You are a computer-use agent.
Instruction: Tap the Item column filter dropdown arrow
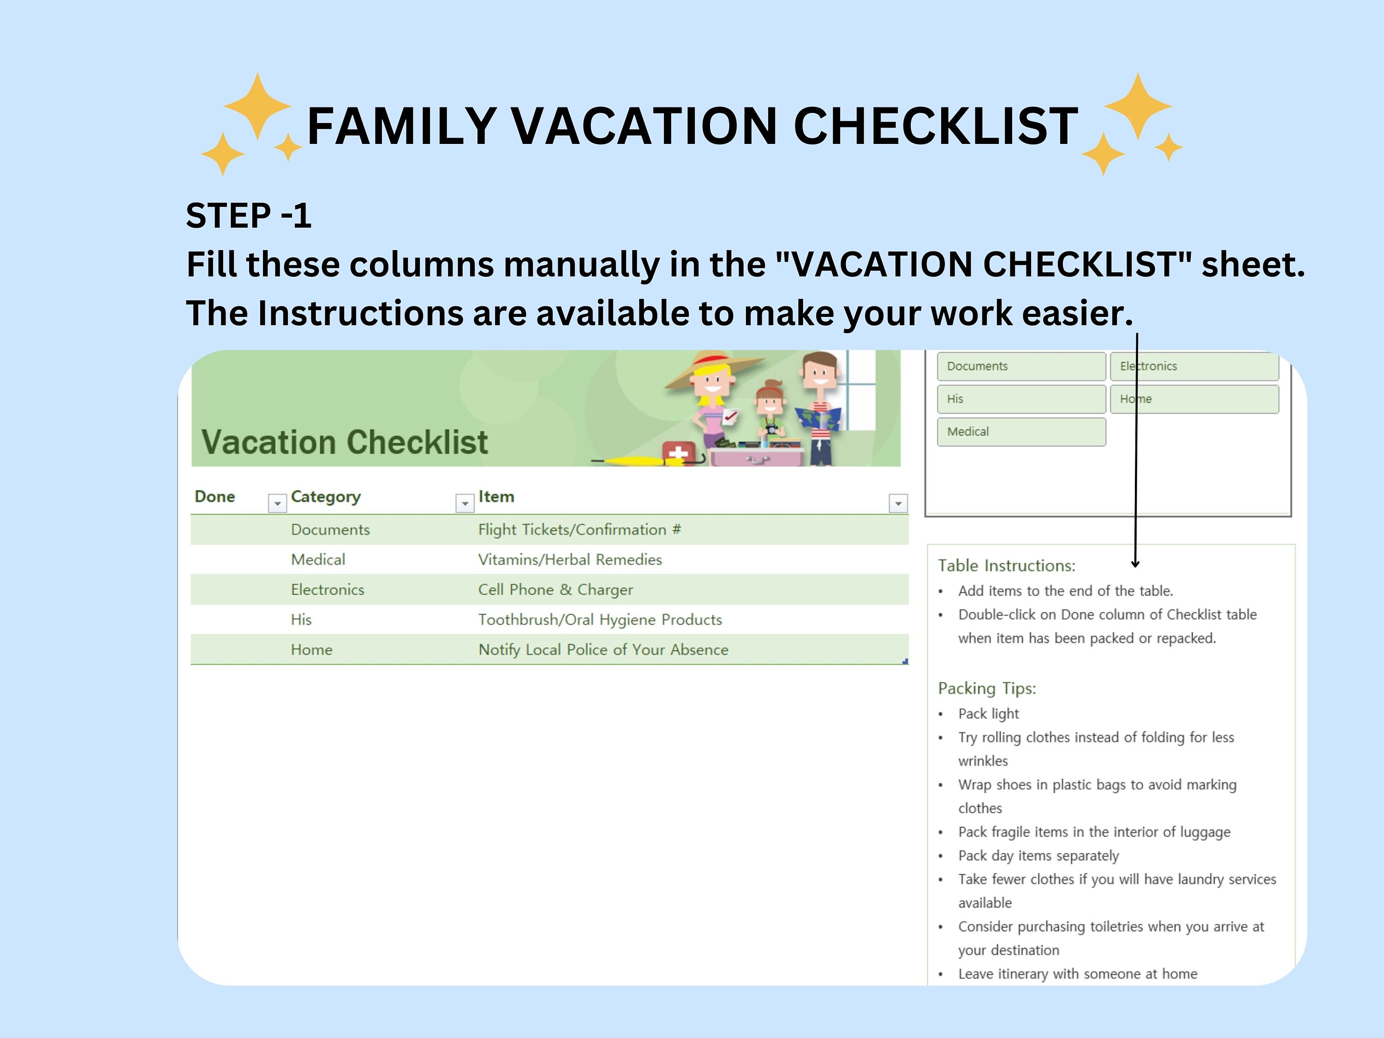pyautogui.click(x=898, y=503)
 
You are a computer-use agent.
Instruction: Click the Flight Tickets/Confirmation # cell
pyautogui.click(x=579, y=530)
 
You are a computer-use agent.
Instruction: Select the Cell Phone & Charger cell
pyautogui.click(x=555, y=590)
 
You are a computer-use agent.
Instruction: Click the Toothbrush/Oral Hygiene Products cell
pyautogui.click(x=599, y=620)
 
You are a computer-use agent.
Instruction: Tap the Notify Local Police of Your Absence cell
pyautogui.click(x=603, y=650)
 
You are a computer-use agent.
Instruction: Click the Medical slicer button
pyautogui.click(x=1020, y=432)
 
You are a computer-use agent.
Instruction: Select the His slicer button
pyautogui.click(x=1020, y=399)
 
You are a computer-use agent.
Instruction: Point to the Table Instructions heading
pyautogui.click(x=1006, y=566)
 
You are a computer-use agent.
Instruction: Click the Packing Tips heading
pyautogui.click(x=987, y=688)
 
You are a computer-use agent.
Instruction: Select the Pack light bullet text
pyautogui.click(x=988, y=714)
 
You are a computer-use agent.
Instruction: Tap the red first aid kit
pyautogui.click(x=678, y=452)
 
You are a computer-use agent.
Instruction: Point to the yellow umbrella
pyautogui.click(x=638, y=462)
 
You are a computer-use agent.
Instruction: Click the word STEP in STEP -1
pyautogui.click(x=228, y=216)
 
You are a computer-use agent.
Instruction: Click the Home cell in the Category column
pyautogui.click(x=311, y=650)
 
